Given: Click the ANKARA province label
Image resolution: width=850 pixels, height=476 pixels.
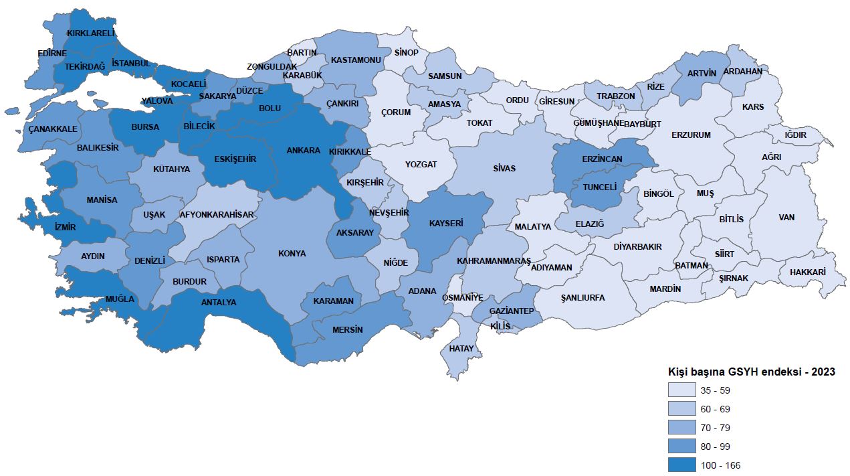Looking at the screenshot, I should (x=303, y=151).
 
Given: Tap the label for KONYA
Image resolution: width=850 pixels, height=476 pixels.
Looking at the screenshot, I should (x=292, y=254).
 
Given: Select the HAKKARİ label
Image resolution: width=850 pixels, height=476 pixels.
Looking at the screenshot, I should (x=807, y=272).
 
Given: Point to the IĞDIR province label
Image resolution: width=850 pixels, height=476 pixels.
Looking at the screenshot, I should (x=795, y=135).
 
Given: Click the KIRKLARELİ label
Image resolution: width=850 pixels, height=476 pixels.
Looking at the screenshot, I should (x=91, y=33).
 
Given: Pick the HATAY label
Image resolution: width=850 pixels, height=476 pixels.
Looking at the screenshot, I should (x=461, y=349).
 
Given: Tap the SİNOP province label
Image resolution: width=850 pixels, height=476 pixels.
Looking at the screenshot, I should (x=406, y=53).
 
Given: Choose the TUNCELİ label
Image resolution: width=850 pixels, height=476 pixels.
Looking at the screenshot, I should (x=599, y=187).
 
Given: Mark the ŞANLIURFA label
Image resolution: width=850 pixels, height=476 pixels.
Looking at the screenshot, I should (x=582, y=298).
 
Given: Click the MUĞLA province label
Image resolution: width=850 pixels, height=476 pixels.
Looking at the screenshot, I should (x=120, y=299).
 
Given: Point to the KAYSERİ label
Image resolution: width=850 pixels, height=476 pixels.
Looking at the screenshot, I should (x=446, y=223).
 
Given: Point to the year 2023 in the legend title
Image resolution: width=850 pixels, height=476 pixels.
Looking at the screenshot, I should (x=823, y=372).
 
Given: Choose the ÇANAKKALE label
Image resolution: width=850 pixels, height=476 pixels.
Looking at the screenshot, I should (x=53, y=129).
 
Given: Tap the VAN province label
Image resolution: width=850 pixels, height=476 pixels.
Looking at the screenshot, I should (x=786, y=218).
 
